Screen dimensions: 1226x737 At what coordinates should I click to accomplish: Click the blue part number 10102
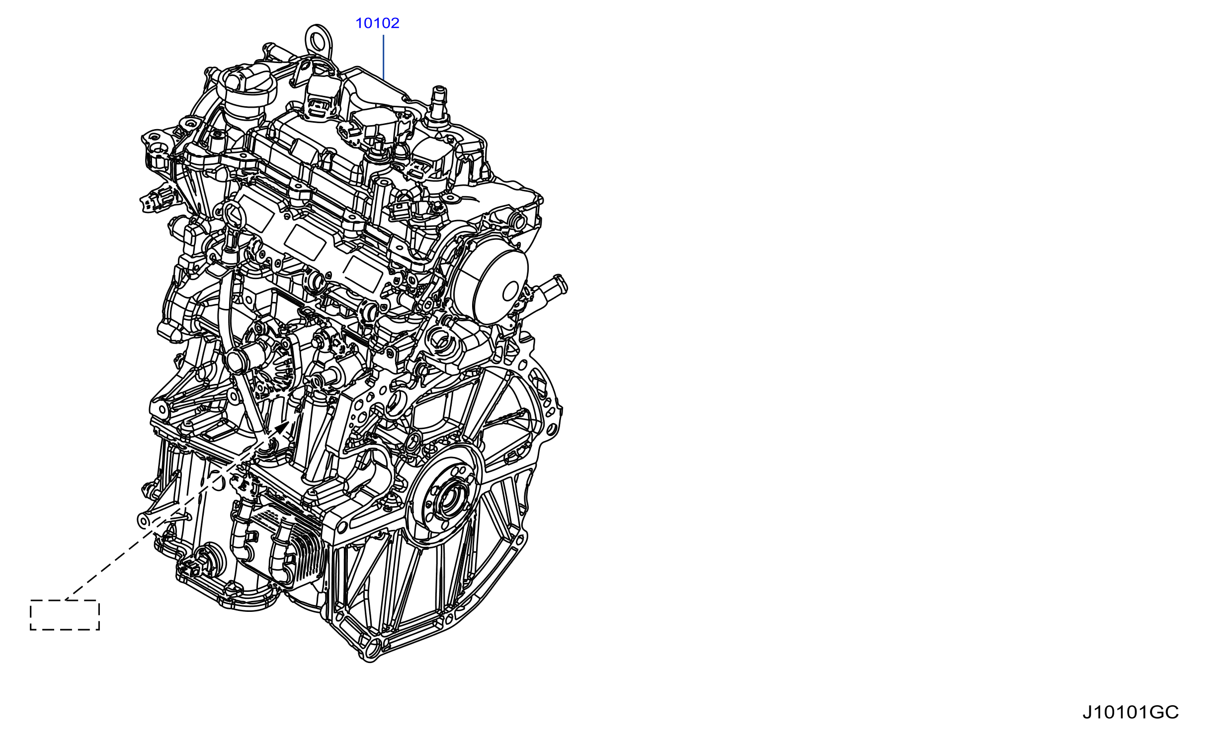point(377,23)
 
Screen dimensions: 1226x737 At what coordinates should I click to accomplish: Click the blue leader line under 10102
point(383,57)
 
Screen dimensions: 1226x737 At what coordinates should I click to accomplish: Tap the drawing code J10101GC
point(1130,712)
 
